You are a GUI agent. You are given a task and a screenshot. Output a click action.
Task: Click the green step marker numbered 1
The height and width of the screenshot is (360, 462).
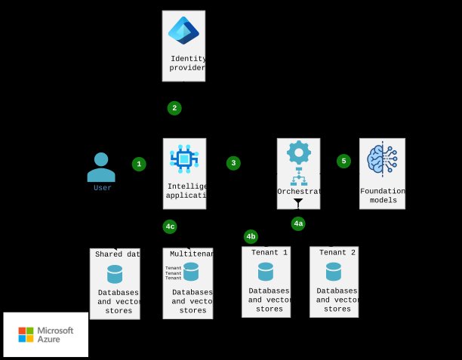139,164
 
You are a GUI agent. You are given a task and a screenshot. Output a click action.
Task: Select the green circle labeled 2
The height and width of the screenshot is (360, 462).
174,108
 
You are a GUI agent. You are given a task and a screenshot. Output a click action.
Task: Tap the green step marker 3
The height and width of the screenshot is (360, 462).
233,163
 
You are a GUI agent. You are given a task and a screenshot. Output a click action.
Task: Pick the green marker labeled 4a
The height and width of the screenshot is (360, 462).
298,223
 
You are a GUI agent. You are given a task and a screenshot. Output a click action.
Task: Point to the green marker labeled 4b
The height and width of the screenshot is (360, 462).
251,236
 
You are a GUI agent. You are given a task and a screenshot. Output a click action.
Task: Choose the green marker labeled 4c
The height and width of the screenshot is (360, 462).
170,226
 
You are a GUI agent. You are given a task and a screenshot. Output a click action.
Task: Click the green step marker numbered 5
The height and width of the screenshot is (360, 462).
343,161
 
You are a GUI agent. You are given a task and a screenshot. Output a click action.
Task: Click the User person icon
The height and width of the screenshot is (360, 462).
101,167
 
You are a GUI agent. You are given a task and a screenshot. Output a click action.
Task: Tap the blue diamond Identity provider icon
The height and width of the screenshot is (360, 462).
183,31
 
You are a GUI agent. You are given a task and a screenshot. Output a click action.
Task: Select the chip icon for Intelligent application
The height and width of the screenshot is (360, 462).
184,158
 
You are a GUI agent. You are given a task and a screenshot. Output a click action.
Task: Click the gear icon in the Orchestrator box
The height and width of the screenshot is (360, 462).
298,152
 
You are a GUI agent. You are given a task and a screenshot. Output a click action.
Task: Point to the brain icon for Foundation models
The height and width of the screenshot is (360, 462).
382,159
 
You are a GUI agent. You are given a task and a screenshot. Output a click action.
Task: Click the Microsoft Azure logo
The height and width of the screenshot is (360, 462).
46,334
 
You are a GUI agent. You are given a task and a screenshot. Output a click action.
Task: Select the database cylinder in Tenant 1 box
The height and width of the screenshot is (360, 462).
266,272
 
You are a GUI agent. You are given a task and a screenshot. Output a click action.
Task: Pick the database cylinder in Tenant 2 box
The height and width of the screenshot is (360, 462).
334,272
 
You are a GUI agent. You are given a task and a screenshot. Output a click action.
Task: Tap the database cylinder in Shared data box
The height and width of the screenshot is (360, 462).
115,274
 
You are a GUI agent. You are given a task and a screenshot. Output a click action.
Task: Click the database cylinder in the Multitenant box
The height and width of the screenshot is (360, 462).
191,272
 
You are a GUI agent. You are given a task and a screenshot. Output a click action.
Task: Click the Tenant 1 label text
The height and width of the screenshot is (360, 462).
269,253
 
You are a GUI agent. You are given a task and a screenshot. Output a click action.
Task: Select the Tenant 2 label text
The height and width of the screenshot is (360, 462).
337,253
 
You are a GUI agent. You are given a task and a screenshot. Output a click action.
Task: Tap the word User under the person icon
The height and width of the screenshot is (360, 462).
103,188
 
